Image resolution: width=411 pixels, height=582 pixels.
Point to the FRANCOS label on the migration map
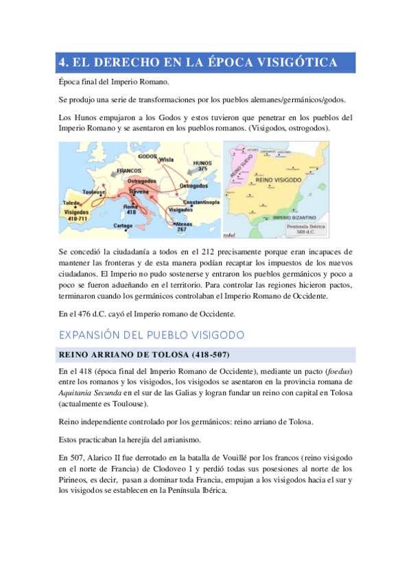point(129,170)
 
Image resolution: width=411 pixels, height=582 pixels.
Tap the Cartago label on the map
point(123,225)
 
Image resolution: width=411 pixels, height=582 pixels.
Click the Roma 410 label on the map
point(130,209)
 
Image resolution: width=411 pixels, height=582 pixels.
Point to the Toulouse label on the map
point(94,191)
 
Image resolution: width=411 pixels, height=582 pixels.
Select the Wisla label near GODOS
point(166,159)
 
